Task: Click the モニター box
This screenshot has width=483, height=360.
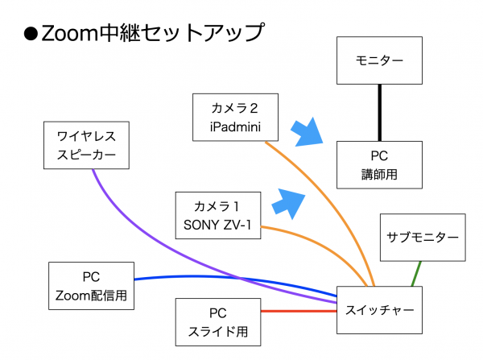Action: click(x=379, y=60)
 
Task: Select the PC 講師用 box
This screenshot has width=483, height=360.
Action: click(x=379, y=165)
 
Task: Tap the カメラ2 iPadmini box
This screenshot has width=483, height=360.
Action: click(x=235, y=118)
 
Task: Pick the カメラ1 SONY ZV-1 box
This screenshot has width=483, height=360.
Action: click(x=218, y=216)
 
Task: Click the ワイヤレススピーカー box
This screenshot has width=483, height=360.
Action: click(x=86, y=145)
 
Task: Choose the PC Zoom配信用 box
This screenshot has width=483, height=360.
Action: click(x=91, y=286)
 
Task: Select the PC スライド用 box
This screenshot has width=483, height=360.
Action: click(x=218, y=322)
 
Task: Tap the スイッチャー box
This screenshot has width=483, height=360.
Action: click(x=379, y=310)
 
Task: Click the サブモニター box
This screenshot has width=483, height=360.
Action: click(x=423, y=238)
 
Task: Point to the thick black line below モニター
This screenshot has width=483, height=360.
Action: click(x=379, y=113)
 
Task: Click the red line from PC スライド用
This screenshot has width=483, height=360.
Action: click(x=299, y=311)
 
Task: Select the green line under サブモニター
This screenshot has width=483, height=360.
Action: click(x=416, y=274)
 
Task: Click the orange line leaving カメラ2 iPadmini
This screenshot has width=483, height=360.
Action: click(x=332, y=206)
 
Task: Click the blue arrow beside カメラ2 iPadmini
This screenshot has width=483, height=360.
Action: click(x=307, y=132)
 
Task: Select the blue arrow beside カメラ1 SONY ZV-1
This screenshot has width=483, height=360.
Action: click(x=289, y=204)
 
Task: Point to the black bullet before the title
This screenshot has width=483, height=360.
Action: click(x=31, y=34)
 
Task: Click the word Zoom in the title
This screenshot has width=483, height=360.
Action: click(x=69, y=33)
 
